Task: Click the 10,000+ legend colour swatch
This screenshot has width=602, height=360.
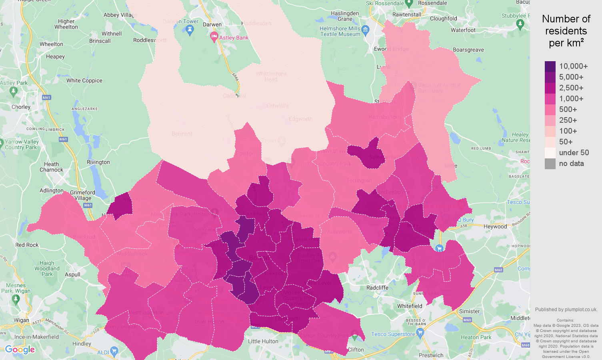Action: click(x=550, y=66)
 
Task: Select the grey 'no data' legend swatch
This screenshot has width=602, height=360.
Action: click(x=550, y=164)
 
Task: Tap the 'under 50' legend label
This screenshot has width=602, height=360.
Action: click(x=574, y=153)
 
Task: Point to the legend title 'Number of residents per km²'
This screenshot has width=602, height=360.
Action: click(x=566, y=31)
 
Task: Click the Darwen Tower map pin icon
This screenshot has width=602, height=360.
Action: click(x=190, y=29)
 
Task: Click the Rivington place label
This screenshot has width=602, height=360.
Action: click(x=98, y=162)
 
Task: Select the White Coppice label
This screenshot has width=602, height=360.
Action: click(x=84, y=80)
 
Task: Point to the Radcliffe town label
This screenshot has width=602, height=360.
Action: click(x=377, y=288)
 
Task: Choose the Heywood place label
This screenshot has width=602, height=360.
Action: click(x=495, y=226)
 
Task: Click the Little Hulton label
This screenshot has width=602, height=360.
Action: click(x=263, y=341)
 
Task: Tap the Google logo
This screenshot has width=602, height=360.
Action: click(x=20, y=350)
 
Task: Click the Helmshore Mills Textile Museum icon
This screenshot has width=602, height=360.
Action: click(x=365, y=29)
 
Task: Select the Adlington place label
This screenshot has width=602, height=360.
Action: click(x=52, y=190)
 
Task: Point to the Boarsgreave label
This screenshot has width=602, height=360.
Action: click(x=468, y=50)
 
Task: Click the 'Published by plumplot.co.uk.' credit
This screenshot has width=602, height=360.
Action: click(x=566, y=310)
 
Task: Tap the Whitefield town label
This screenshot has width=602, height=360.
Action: click(x=410, y=306)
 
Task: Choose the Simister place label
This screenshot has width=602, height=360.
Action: click(x=469, y=311)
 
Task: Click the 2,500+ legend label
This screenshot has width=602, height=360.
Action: click(x=571, y=88)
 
